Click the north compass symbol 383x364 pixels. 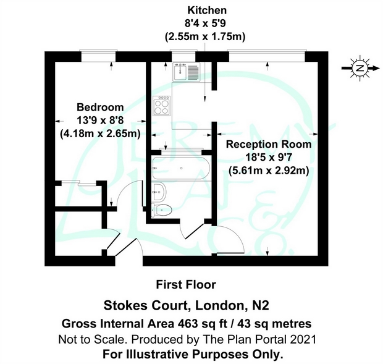coord(359,69)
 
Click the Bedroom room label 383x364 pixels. coord(100,107)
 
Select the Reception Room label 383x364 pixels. coord(268,144)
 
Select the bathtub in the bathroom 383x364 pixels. coord(179,166)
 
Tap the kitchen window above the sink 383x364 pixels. coord(185,56)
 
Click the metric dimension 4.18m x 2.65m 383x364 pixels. coord(99,133)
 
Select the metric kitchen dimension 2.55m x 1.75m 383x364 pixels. coord(206,36)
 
